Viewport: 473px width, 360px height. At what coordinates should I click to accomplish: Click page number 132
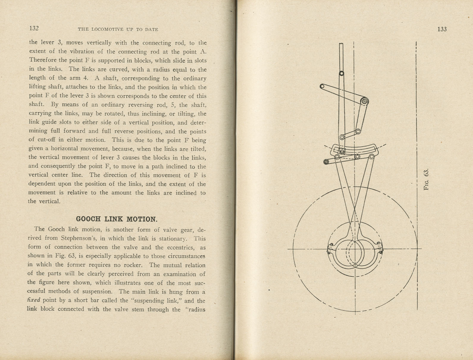pos(34,28)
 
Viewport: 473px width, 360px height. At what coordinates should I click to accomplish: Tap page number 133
pos(442,29)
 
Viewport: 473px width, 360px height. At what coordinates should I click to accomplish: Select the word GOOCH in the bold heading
pos(88,219)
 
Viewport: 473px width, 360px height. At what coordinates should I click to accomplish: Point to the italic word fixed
pos(34,300)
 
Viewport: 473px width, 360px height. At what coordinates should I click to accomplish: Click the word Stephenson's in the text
pos(78,238)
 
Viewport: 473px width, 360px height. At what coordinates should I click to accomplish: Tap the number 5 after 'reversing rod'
pos(173,105)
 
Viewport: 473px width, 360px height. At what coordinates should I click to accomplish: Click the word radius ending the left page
pos(196,309)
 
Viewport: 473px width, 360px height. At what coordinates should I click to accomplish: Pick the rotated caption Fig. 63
pos(426,179)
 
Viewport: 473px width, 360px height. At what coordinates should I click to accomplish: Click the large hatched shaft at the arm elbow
pos(364,101)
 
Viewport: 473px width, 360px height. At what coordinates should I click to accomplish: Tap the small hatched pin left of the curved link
pos(326,162)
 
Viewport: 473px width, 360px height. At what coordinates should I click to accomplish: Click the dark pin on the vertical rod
pos(342,73)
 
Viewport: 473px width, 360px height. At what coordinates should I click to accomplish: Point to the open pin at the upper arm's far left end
pos(322,87)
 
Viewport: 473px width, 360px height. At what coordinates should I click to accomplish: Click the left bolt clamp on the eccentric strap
pos(330,248)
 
